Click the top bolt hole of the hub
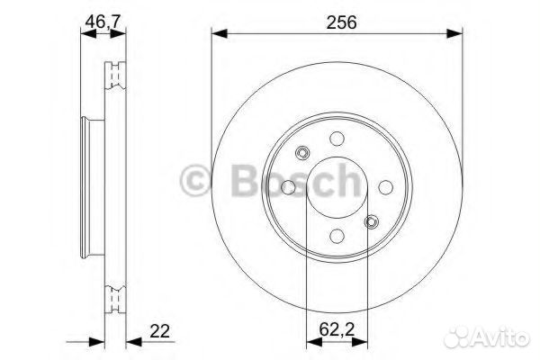click(x=336, y=139)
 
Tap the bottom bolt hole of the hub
click(x=336, y=235)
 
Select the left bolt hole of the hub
click(x=288, y=187)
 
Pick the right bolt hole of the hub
click(x=383, y=187)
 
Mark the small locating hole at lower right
click(x=370, y=221)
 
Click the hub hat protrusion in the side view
click(x=88, y=187)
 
